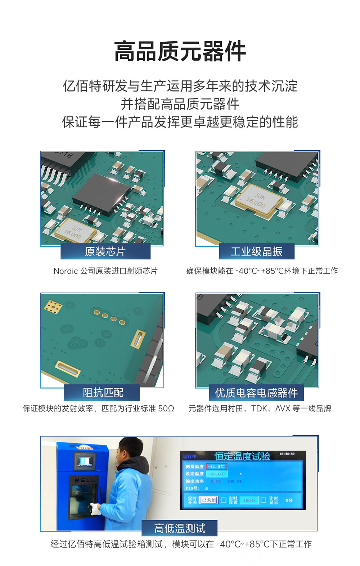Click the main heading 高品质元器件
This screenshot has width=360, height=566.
click(180, 52)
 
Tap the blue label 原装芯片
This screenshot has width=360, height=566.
click(105, 251)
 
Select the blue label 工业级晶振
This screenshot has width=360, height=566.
click(256, 251)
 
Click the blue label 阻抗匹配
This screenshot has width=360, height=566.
click(103, 392)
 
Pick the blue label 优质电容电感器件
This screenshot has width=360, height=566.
click(256, 393)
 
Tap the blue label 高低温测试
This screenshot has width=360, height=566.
click(180, 528)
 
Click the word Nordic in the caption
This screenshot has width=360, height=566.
click(65, 271)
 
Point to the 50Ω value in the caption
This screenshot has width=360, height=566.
click(166, 409)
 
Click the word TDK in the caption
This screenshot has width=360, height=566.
click(259, 409)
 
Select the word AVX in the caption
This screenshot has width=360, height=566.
click(283, 409)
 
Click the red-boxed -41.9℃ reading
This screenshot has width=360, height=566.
click(217, 467)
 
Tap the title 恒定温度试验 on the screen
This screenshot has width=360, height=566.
click(242, 456)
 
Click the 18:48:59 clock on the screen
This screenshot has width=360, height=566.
click(287, 454)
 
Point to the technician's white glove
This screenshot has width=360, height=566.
click(95, 508)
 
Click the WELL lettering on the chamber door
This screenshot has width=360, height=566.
click(85, 480)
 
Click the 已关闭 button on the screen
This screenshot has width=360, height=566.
click(208, 500)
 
